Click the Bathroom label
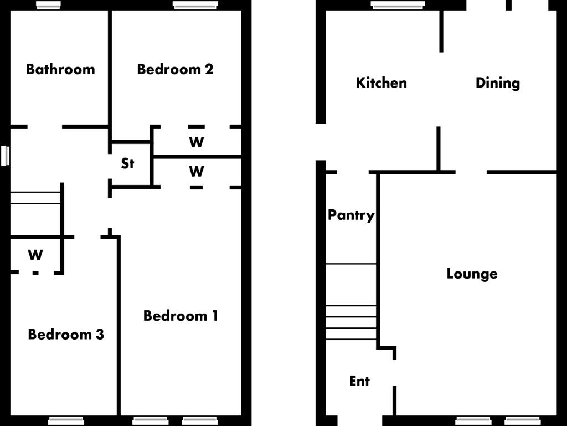[x=60, y=70]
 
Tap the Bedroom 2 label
[x=175, y=70]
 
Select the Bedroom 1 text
[x=181, y=316]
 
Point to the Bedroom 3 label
[x=66, y=335]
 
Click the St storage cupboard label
[x=128, y=164]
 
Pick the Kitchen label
[x=381, y=83]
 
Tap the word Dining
[x=498, y=83]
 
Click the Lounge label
[x=472, y=274]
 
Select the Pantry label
[x=351, y=215]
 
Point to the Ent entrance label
[x=359, y=381]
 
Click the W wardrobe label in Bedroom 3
[x=35, y=255]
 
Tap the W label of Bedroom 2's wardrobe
[x=197, y=142]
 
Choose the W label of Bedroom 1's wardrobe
[x=197, y=172]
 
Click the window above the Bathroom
[x=49, y=5]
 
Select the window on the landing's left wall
[x=6, y=156]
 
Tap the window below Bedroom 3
[x=66, y=420]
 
